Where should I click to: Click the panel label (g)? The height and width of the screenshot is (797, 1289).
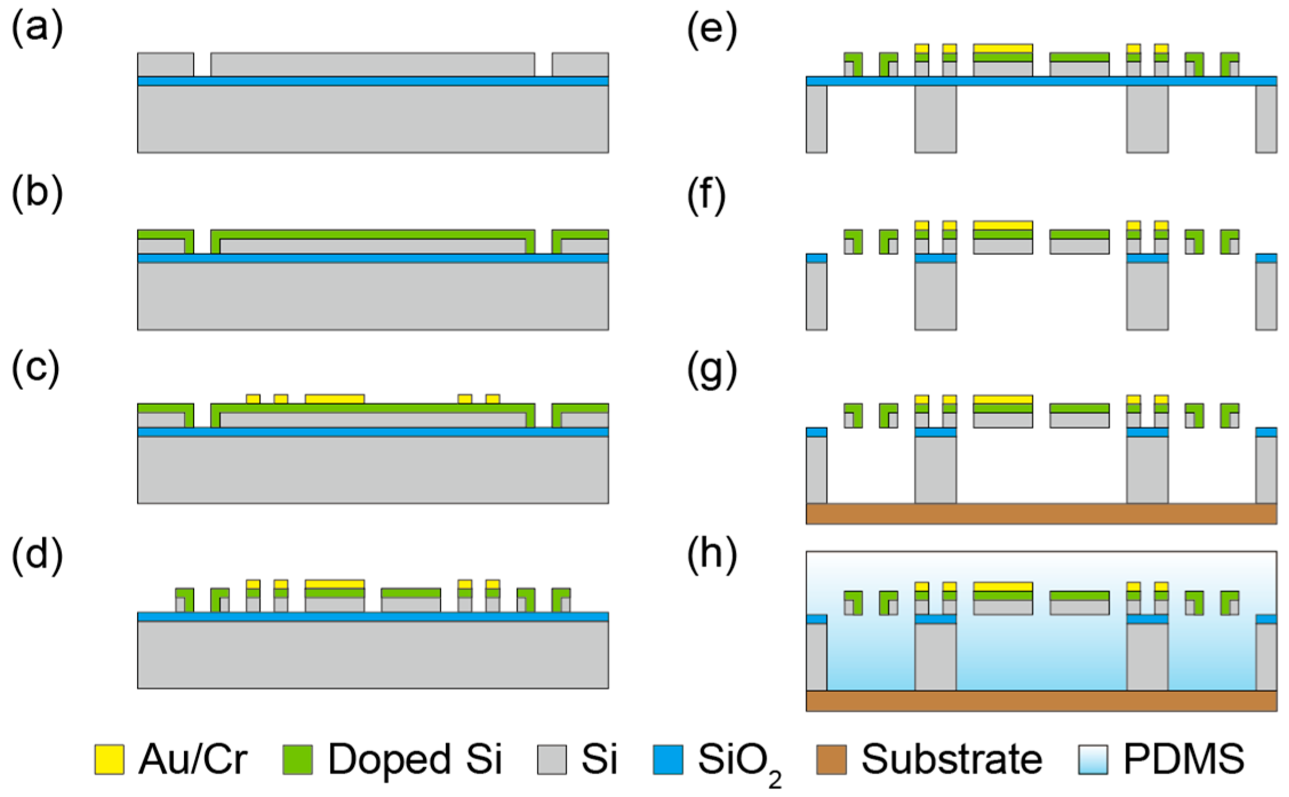pyautogui.click(x=712, y=374)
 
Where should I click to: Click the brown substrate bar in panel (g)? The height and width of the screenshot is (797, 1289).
pyautogui.click(x=1041, y=513)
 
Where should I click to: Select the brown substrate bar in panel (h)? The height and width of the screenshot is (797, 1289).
pyautogui.click(x=1041, y=701)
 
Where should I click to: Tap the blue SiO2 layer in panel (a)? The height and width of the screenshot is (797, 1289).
pyautogui.click(x=373, y=81)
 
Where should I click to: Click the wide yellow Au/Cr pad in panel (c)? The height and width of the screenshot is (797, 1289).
pyautogui.click(x=334, y=398)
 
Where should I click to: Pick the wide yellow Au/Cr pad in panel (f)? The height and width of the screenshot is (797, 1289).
pyautogui.click(x=1003, y=225)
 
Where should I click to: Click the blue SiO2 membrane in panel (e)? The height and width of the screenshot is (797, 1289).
pyautogui.click(x=1041, y=81)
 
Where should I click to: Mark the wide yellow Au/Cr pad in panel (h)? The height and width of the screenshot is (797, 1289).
pyautogui.click(x=1003, y=587)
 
